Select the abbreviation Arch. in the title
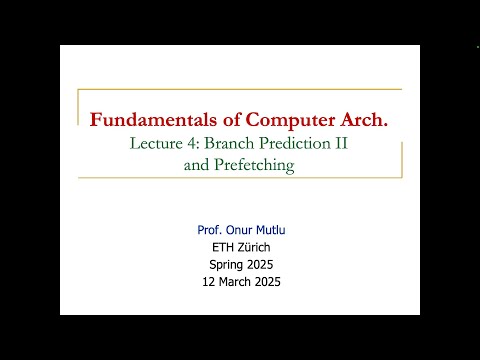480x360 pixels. coord(361,120)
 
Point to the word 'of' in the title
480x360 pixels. coord(218,120)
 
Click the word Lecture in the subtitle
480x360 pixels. coord(159,144)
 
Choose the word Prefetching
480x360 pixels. coord(253,165)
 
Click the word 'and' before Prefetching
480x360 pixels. coord(197,165)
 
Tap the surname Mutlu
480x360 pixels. coord(277,230)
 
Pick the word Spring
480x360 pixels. coord(227,264)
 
